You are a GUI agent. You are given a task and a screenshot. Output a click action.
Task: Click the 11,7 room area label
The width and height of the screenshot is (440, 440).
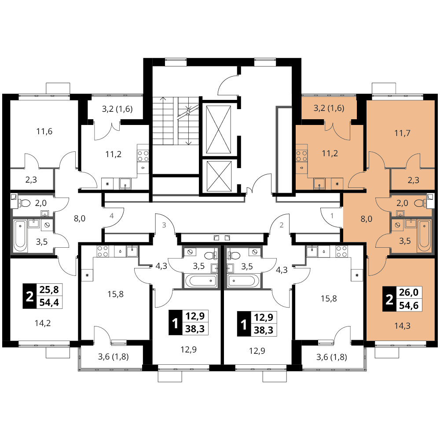point(402,133)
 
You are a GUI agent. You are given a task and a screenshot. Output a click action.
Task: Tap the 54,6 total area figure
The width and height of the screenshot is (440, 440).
point(409,305)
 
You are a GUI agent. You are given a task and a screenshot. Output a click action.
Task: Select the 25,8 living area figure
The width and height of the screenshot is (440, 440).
point(49,290)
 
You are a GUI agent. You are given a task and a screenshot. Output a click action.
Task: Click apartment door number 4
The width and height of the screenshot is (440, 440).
point(112,216)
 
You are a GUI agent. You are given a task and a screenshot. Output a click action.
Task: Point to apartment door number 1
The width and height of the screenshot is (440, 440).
point(332,216)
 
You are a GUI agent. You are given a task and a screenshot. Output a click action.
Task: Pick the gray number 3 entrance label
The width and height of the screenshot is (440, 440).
point(164,225)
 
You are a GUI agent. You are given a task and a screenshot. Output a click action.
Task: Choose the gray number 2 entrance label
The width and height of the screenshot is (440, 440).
point(282,225)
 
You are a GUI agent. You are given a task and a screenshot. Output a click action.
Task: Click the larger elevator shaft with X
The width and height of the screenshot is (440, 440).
point(218,130)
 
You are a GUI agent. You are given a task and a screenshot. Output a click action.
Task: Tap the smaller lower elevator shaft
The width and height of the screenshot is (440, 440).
point(218,176)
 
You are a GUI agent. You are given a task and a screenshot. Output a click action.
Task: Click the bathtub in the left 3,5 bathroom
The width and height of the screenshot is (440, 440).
point(21,236)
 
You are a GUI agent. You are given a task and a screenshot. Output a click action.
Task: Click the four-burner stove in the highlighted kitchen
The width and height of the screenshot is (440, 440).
point(302,156)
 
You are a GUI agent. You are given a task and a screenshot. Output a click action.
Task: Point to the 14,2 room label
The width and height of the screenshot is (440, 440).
point(43,323)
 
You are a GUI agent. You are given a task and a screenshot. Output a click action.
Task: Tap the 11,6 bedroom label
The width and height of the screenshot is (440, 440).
point(44,131)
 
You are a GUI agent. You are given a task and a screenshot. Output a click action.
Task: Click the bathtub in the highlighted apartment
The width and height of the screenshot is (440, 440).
point(424,236)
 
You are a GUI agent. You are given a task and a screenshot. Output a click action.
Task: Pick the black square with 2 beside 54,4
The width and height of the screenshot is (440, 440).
point(29,296)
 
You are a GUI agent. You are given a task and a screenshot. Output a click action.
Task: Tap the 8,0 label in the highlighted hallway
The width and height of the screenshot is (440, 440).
point(366,219)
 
